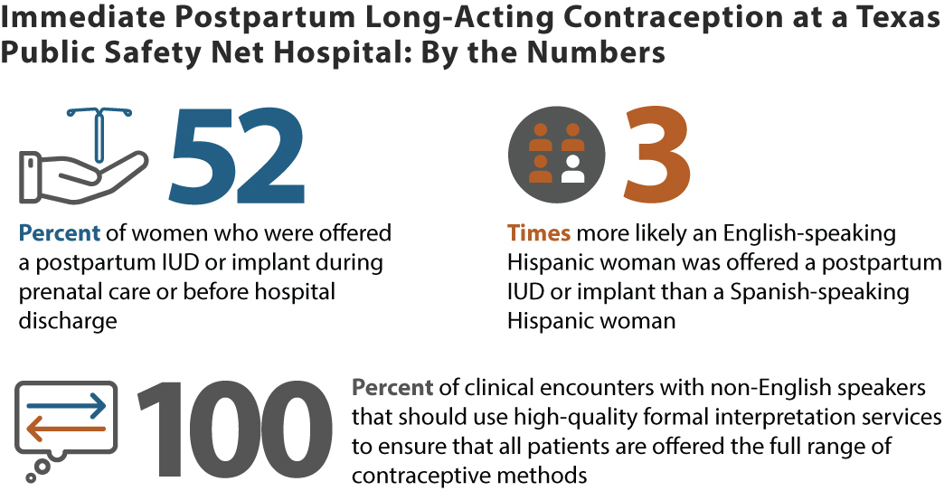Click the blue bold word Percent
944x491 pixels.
[x=59, y=233]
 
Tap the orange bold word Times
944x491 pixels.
[x=539, y=233]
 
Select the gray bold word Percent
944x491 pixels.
[x=392, y=388]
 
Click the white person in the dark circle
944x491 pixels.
[x=572, y=169]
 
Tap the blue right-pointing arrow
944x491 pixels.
[x=67, y=407]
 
